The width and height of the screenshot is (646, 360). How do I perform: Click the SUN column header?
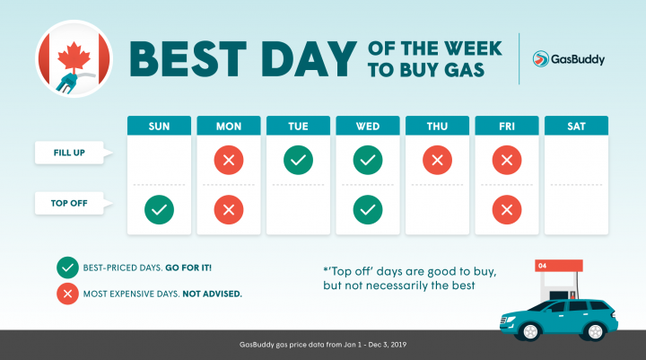[x=159, y=127]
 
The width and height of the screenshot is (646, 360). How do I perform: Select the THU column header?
[x=437, y=127]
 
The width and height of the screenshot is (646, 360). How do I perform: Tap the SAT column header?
[x=576, y=127]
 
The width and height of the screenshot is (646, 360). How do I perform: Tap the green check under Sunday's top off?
[x=159, y=210]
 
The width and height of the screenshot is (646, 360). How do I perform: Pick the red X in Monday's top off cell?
[x=229, y=210]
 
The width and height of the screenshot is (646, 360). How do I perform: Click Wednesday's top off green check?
[x=368, y=210]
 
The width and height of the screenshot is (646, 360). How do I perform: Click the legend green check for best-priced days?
[x=66, y=267]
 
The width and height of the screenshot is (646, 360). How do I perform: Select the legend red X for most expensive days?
[x=66, y=293]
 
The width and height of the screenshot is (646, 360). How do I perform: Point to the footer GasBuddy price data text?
[x=322, y=344]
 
